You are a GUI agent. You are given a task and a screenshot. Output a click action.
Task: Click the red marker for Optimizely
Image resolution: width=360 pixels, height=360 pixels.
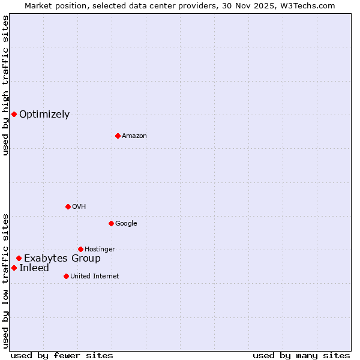(14, 114)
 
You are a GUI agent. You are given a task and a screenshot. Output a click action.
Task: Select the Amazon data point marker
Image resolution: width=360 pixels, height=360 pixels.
(118, 136)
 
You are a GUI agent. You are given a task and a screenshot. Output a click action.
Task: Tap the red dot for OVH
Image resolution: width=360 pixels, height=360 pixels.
(68, 206)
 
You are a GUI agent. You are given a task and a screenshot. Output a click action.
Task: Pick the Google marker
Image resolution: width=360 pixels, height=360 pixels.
(111, 223)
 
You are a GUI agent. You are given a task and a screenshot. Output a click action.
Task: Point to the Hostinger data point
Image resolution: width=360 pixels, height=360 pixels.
(80, 249)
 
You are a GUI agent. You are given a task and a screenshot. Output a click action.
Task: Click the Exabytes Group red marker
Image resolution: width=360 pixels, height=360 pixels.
(19, 258)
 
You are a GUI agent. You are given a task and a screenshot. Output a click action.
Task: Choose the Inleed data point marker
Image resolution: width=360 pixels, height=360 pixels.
(14, 268)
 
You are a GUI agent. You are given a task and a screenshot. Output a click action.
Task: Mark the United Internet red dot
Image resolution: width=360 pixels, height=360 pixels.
(66, 276)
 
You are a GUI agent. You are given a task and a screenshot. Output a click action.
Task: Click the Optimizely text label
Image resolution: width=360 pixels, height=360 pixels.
(44, 115)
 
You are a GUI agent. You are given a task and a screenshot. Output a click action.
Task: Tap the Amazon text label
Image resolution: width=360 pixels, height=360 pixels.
(134, 136)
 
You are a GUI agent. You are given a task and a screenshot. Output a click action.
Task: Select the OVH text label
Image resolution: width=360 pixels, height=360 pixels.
(79, 207)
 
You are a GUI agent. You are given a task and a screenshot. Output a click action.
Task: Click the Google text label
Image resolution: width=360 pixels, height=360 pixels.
(126, 224)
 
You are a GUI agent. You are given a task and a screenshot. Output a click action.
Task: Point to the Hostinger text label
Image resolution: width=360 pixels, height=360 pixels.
(100, 250)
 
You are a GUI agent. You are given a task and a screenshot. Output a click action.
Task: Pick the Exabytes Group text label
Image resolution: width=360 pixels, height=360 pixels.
(62, 259)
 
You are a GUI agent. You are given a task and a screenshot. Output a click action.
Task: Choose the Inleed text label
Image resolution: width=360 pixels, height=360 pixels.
(34, 268)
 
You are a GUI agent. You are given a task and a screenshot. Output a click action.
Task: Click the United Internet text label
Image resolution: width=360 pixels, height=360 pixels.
(95, 277)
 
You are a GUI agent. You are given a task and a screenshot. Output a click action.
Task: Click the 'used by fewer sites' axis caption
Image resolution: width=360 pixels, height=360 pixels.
(62, 355)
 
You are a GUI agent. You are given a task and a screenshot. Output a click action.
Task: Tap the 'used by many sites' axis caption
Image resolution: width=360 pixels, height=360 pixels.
(301, 355)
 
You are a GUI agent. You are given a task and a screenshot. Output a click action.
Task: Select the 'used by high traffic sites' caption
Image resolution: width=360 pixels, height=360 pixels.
(5, 85)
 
